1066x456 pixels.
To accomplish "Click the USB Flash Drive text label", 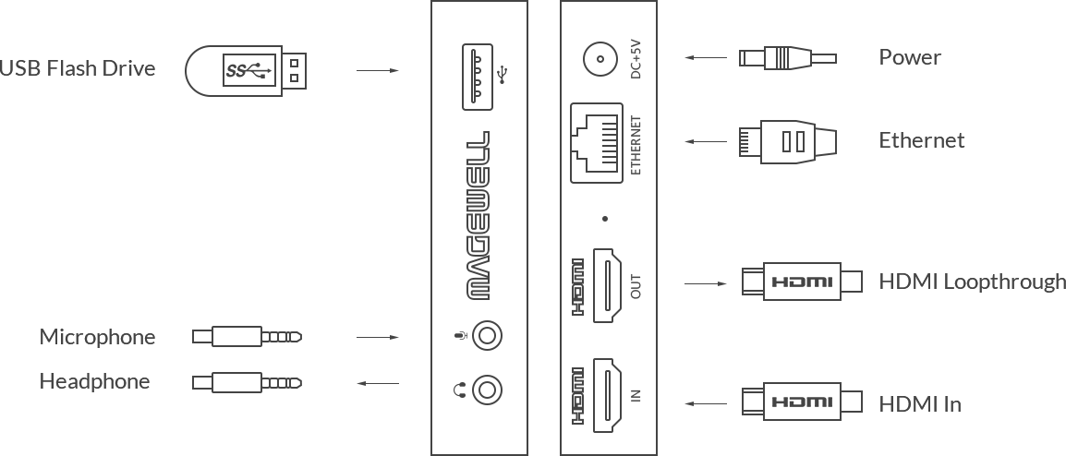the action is click(x=78, y=68).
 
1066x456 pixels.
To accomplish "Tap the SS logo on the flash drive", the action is click(x=236, y=70).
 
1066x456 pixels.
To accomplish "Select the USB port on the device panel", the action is click(x=478, y=76).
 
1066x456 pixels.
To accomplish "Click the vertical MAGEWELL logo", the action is click(x=478, y=215).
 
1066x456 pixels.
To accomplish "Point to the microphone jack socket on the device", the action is click(x=488, y=336).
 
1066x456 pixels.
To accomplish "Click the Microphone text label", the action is click(x=97, y=337).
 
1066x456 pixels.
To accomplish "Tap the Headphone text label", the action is click(x=94, y=381).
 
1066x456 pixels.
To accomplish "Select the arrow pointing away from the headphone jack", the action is click(x=378, y=383).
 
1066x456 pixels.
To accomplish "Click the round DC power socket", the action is click(x=600, y=58).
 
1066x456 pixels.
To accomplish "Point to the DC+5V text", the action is click(x=636, y=58).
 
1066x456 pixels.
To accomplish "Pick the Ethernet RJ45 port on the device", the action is click(x=596, y=143).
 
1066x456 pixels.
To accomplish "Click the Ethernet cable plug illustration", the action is click(x=788, y=141).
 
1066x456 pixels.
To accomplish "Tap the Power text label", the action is click(x=910, y=57).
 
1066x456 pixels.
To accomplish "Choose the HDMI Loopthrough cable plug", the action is click(x=802, y=282).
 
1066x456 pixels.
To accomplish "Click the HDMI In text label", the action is click(x=920, y=404).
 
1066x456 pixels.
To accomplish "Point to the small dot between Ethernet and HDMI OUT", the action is click(x=604, y=219).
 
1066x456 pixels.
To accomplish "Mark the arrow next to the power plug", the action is click(x=706, y=58).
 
